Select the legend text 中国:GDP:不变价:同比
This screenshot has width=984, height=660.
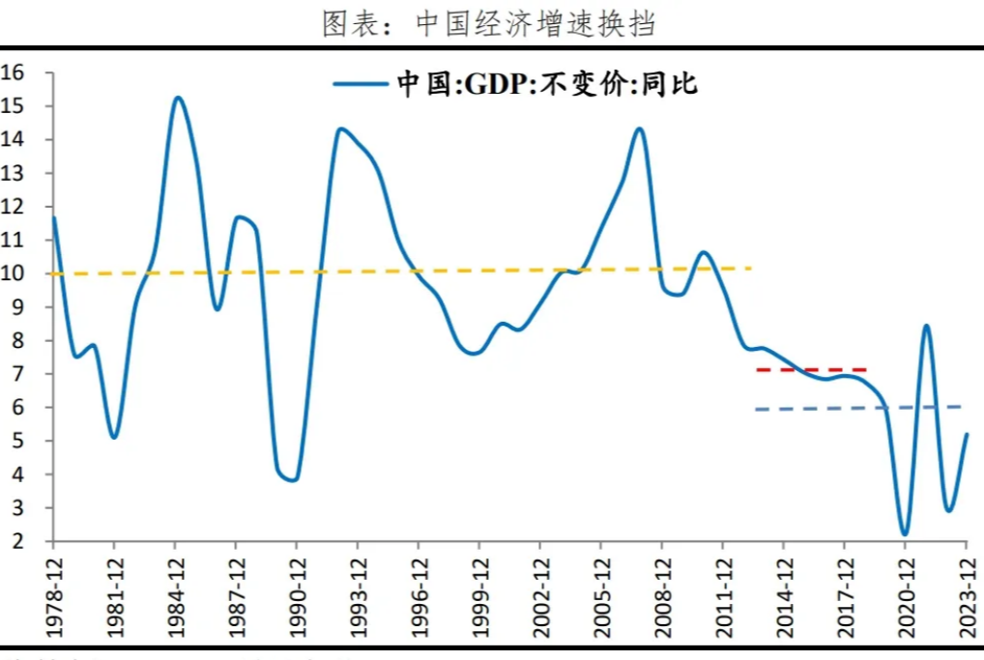tap(546, 84)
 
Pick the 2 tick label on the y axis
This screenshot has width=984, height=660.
tap(17, 541)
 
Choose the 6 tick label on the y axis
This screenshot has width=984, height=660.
tap(17, 408)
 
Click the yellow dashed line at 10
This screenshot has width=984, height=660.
tap(387, 271)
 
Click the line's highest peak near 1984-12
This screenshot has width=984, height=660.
tap(178, 98)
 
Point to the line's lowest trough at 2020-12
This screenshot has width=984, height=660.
tap(905, 534)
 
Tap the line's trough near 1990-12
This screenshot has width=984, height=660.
tap(293, 479)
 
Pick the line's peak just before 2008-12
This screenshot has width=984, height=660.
tap(639, 129)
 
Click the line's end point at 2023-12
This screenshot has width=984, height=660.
tap(967, 434)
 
